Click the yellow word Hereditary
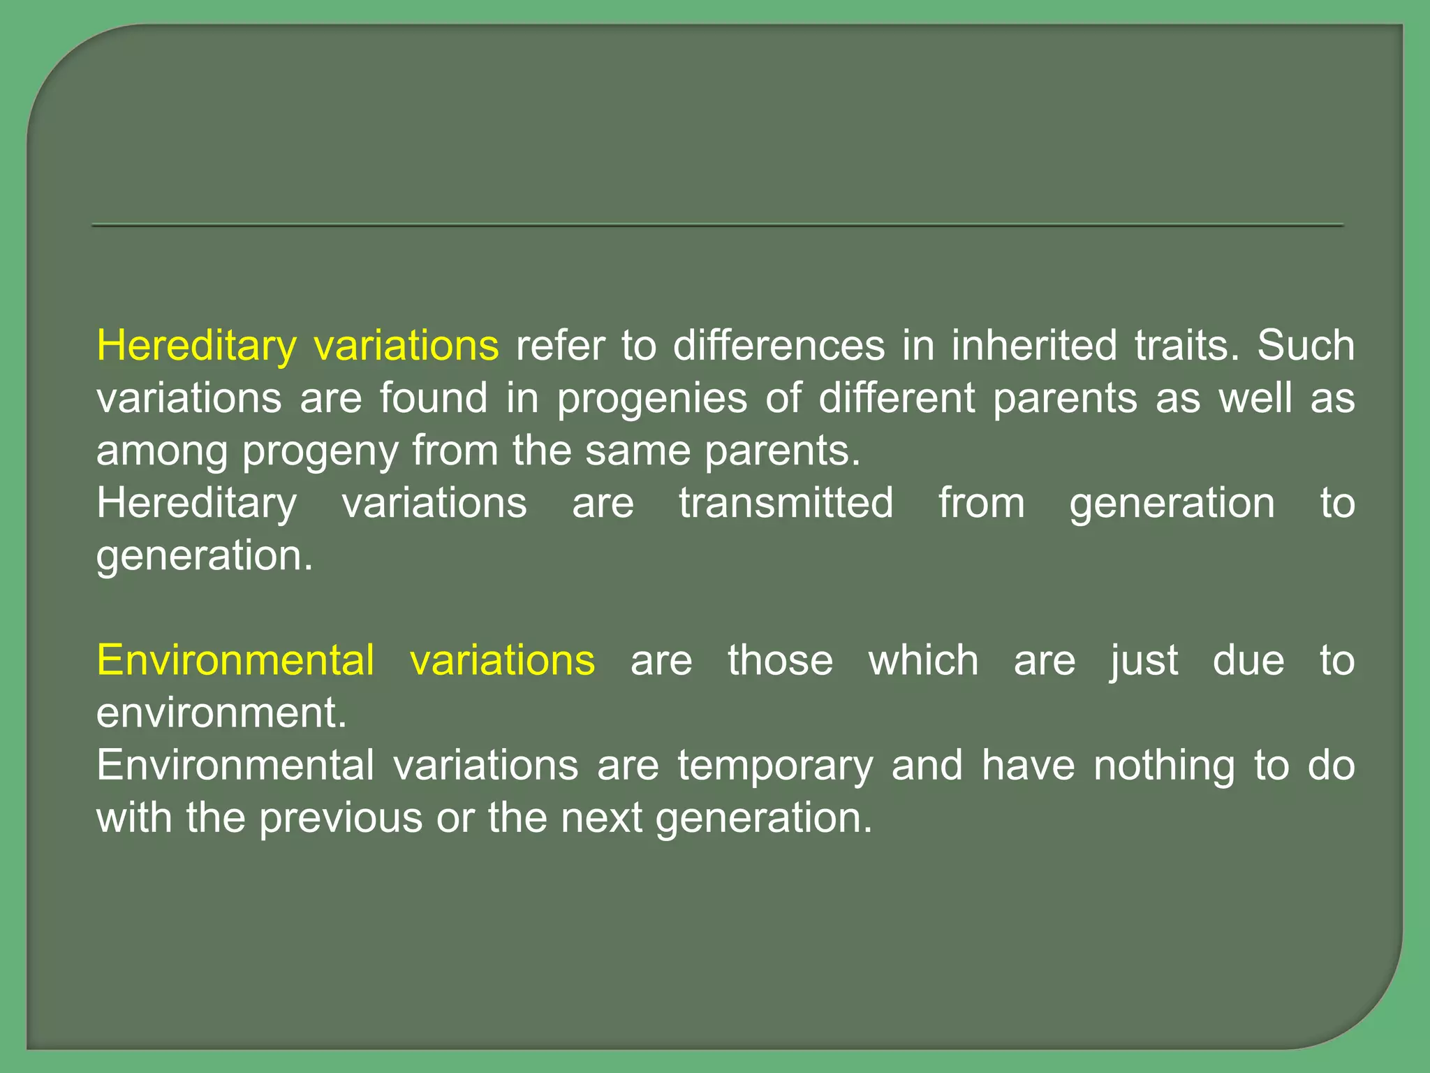[x=196, y=346]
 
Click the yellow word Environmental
[x=235, y=660]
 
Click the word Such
[x=1306, y=346]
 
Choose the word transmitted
[x=786, y=503]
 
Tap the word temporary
[x=775, y=766]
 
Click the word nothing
[x=1164, y=766]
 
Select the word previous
[x=341, y=818]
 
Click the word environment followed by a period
[x=221, y=713]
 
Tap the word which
[x=923, y=660]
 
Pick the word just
[x=1144, y=660]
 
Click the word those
[x=780, y=660]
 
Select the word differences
[x=779, y=346]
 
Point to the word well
[x=1255, y=398]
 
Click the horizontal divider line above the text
[x=717, y=225]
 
